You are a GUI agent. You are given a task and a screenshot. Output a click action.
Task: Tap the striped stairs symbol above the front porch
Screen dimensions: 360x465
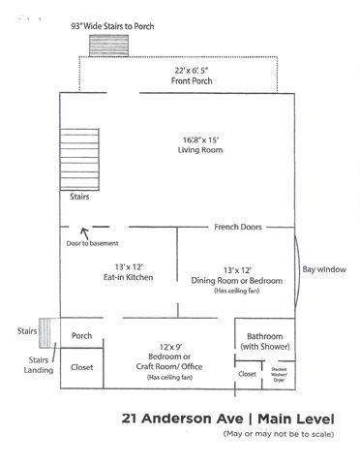[103, 46]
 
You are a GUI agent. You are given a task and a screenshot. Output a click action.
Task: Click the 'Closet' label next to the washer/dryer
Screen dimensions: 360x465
[248, 373]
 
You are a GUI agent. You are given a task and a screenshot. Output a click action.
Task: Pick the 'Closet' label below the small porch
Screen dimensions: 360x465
[81, 367]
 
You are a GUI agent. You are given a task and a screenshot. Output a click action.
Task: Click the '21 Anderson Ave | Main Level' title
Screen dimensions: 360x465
[228, 418]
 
